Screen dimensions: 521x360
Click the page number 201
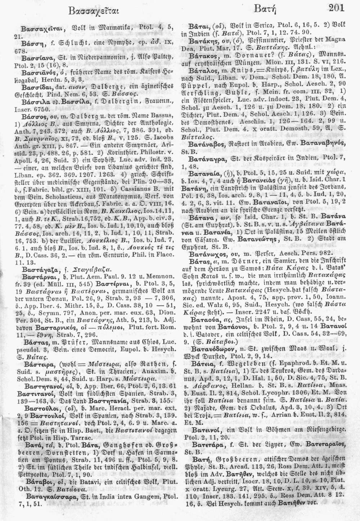pyautogui.click(x=336, y=7)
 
